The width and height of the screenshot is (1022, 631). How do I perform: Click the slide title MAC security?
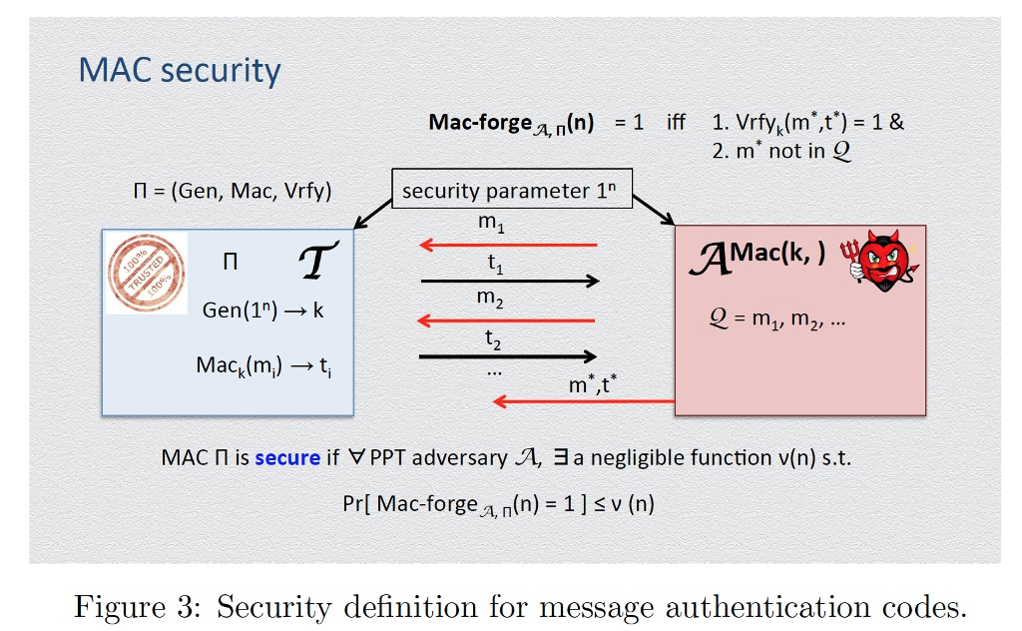pyautogui.click(x=180, y=71)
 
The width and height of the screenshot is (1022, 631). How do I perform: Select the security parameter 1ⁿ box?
pyautogui.click(x=511, y=191)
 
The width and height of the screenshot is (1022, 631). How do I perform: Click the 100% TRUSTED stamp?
pyautogui.click(x=147, y=272)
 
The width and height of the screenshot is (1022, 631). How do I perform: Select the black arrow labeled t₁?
pyautogui.click(x=509, y=282)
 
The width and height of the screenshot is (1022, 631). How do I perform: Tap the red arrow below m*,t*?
pyautogui.click(x=584, y=401)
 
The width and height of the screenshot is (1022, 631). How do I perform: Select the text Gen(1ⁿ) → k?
pyautogui.click(x=262, y=310)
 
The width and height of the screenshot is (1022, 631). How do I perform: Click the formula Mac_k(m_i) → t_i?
pyautogui.click(x=263, y=365)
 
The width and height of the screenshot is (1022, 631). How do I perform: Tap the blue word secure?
pyautogui.click(x=287, y=458)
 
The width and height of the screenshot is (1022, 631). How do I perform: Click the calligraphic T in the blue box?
pyautogui.click(x=318, y=262)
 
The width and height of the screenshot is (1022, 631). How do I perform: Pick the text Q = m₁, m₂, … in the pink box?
pyautogui.click(x=776, y=320)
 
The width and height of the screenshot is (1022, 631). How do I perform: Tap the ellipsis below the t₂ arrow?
pyautogui.click(x=493, y=370)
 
